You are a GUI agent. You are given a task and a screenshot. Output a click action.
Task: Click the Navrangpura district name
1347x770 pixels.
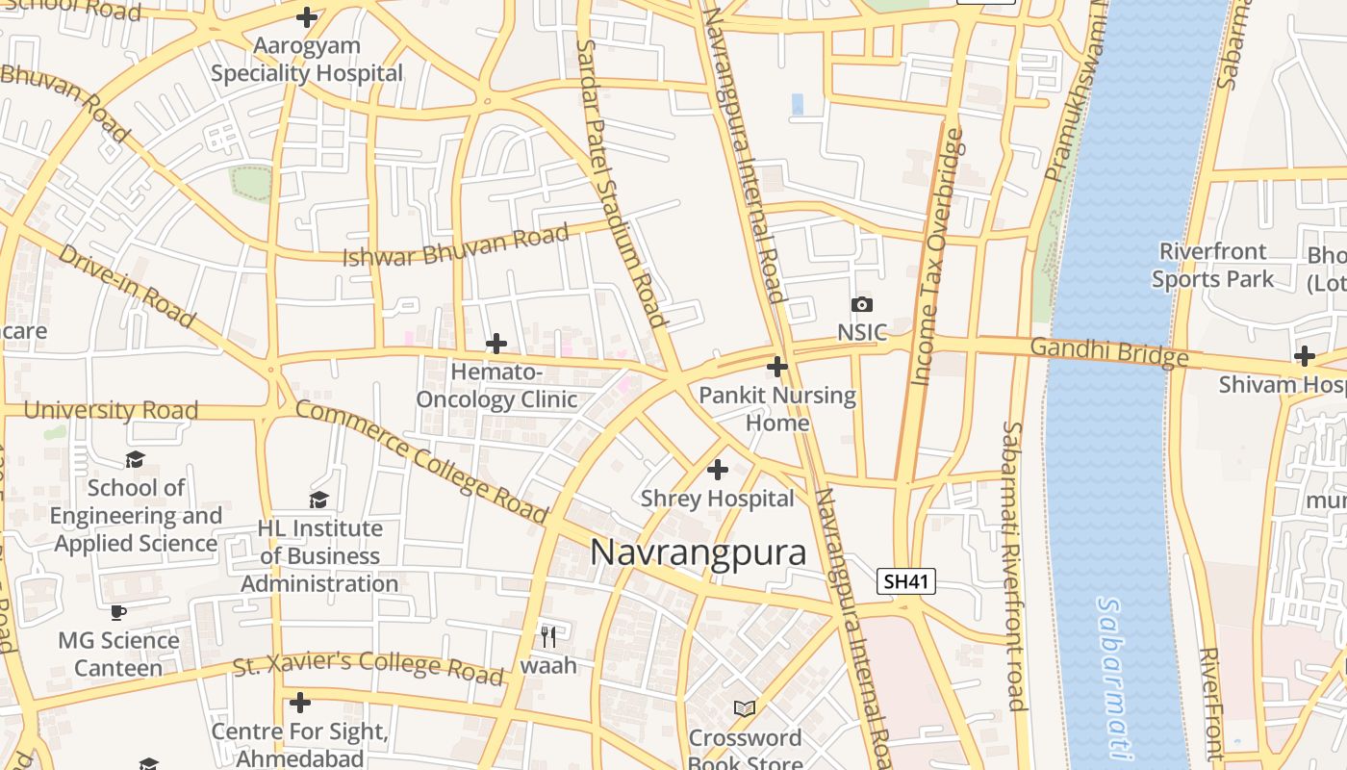pos(698,552)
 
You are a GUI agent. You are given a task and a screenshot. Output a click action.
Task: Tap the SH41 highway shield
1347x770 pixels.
pos(906,581)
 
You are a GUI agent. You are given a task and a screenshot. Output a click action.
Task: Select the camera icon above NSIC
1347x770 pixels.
pos(861,305)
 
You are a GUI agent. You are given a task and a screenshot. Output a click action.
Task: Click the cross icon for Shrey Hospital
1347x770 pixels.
pos(718,470)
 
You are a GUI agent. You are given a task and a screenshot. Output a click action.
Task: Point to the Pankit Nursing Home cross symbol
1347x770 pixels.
pos(777,367)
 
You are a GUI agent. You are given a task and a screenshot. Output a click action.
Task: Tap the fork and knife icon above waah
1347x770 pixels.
pos(548,636)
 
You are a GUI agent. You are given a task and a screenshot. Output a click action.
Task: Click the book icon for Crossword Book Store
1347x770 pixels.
pos(745,708)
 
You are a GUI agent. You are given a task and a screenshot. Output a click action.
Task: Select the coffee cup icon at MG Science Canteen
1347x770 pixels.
pos(118,612)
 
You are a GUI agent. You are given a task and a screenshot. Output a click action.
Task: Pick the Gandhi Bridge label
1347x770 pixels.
pos(1109,352)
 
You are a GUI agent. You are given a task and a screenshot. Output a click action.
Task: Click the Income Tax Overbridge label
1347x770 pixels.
pos(937,257)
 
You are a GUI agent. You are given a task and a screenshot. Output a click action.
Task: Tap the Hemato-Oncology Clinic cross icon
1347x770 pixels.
pos(496,344)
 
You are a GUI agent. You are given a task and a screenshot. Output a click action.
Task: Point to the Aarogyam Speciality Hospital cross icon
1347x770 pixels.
pos(307,17)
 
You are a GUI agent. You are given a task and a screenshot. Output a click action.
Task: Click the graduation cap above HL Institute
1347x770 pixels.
pos(319,500)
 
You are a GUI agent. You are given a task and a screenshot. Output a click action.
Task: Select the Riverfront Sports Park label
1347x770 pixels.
pos(1212,266)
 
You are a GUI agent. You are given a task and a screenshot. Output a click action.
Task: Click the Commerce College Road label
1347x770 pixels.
pos(420,463)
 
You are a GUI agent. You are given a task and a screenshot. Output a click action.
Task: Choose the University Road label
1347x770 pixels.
pos(111,410)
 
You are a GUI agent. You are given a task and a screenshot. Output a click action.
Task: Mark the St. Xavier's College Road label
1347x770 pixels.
pos(369,666)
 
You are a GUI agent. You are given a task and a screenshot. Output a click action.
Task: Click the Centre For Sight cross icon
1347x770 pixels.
pos(300,703)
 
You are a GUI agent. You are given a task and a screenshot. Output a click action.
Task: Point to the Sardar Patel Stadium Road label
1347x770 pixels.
pos(621,183)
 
